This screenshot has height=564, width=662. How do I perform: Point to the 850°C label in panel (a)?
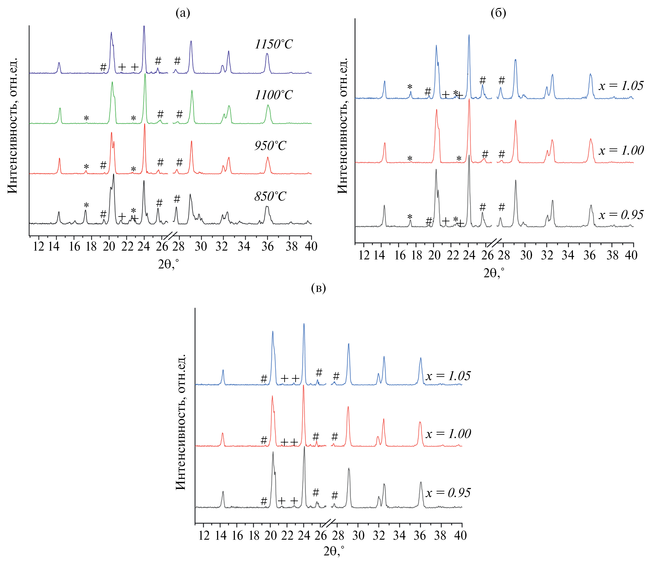270,196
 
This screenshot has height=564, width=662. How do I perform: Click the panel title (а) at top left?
183,13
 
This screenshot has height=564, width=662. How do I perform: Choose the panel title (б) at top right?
498,13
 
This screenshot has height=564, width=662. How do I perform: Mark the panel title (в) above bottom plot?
318,288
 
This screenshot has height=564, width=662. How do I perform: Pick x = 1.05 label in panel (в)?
448,376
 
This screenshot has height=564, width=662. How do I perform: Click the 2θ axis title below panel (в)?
334,551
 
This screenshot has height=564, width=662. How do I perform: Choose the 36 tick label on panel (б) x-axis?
589,255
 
